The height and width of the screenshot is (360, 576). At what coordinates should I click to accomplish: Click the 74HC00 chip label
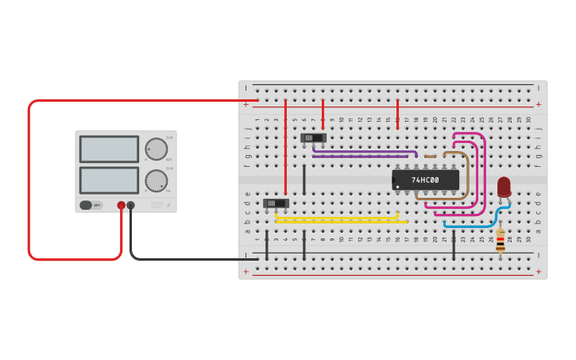[425, 180]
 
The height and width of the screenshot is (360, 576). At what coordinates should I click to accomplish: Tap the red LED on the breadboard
[504, 186]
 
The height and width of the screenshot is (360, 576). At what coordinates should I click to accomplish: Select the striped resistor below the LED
[500, 238]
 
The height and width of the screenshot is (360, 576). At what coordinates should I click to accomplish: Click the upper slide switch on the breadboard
[313, 137]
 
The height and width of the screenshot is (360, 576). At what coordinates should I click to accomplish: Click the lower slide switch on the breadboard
[276, 203]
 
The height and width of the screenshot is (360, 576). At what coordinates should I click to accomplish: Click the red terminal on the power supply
[121, 205]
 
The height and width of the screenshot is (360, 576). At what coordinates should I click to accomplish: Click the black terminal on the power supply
[131, 205]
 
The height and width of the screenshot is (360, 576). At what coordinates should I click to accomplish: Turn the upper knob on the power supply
[157, 149]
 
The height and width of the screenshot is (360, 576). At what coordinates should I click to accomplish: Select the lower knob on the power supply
[157, 180]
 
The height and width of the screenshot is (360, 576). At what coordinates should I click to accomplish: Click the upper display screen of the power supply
[109, 149]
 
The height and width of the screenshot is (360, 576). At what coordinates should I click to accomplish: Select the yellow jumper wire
[338, 217]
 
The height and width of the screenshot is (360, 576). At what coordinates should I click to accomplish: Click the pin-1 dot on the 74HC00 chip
[397, 187]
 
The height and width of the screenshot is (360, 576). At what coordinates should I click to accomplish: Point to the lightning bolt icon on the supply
[169, 205]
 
